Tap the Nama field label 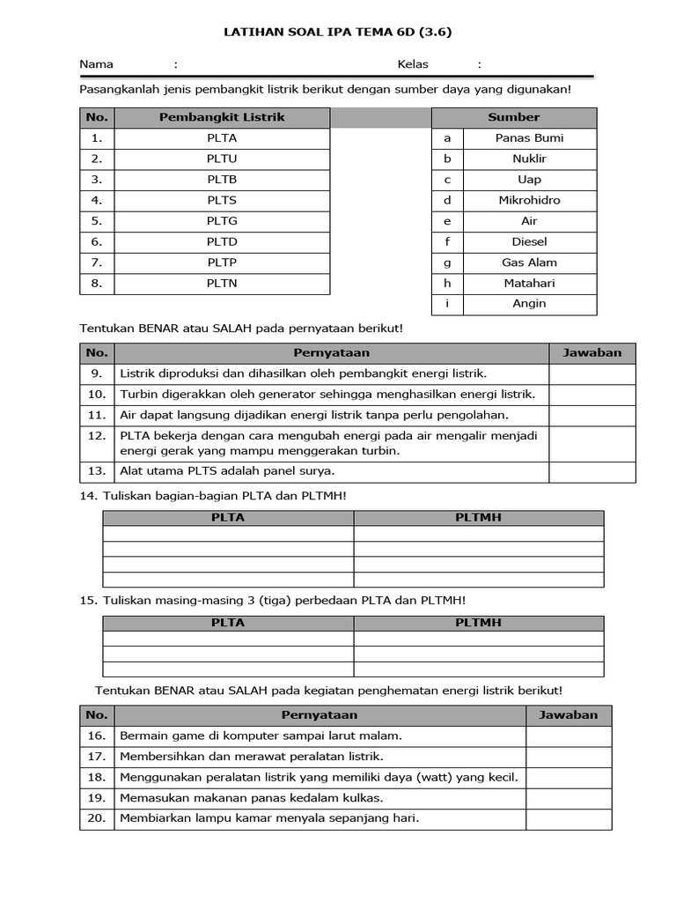tap(96, 64)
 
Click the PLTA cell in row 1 tap(222, 138)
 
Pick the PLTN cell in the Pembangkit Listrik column tap(222, 284)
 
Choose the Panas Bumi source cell tap(529, 138)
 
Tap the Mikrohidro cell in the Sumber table tap(529, 200)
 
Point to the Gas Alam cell tap(529, 262)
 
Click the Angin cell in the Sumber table tap(529, 304)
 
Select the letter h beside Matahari tap(447, 284)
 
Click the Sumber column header tap(513, 117)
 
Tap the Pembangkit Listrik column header tap(222, 117)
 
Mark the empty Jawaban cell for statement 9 tap(592, 374)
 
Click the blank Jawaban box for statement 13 tap(592, 472)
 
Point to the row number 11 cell tap(97, 415)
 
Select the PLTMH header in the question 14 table tap(478, 518)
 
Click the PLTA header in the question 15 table tap(228, 623)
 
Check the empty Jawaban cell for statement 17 tap(569, 757)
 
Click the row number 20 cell tap(97, 818)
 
